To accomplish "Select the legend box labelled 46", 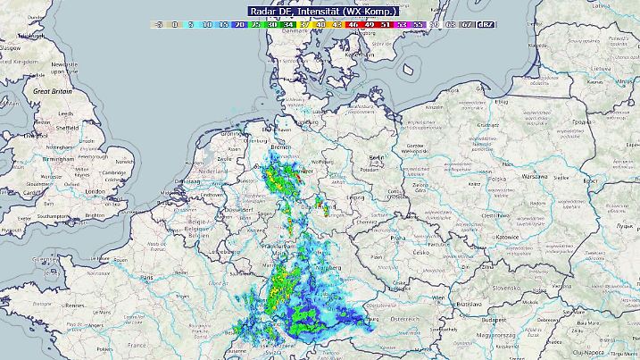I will [x=353, y=25].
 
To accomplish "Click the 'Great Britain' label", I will [x=54, y=91].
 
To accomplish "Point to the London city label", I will [x=95, y=191].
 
